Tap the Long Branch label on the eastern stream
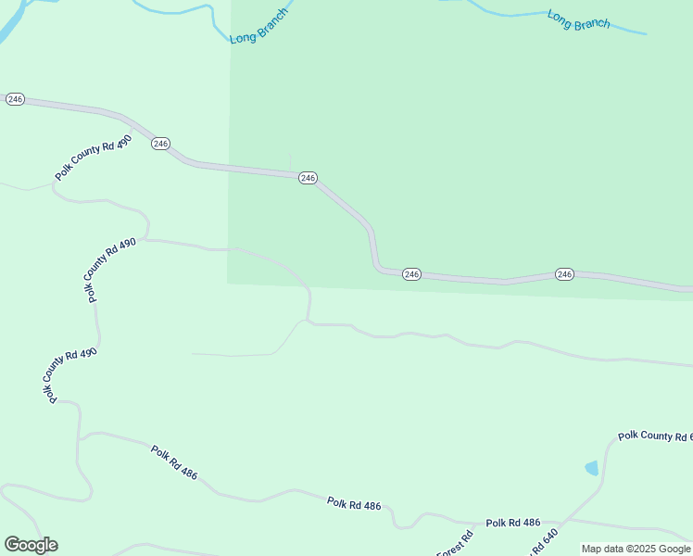coord(579,19)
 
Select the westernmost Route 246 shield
coord(15,99)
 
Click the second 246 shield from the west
coord(161,144)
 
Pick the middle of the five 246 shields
coord(309,178)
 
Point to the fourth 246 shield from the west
coord(412,274)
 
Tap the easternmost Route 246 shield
coord(565,274)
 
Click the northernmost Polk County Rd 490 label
coord(94,158)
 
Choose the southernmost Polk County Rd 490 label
coord(69,374)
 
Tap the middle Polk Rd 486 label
coord(354,504)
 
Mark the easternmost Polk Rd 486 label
coord(512,523)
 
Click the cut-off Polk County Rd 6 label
coord(655,436)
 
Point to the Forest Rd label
coord(457,544)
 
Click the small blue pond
coord(591,468)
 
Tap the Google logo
coord(31,545)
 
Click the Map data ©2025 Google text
coord(636,549)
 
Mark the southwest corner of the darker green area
coord(228,283)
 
